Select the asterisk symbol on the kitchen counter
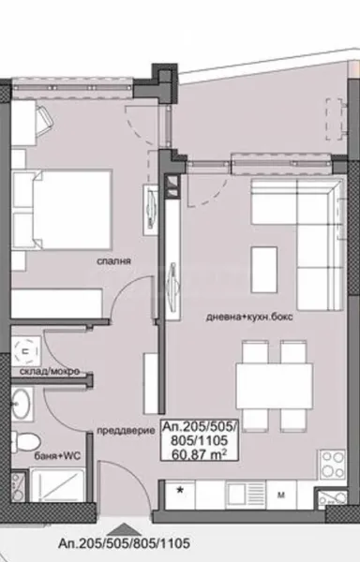point(181,490)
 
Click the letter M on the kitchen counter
point(278,491)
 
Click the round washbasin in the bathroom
point(23,404)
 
